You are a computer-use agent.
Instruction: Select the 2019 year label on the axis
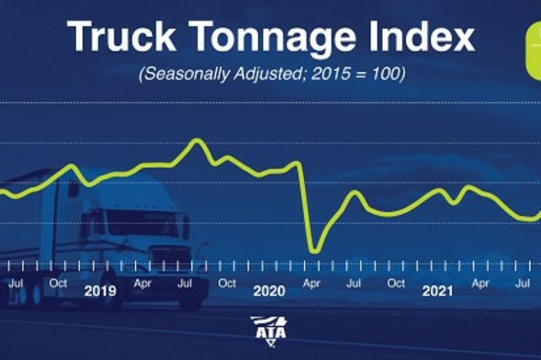100,292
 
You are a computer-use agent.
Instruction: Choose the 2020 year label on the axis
270,292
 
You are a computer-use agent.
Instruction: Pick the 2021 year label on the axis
438,292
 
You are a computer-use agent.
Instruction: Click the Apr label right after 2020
311,284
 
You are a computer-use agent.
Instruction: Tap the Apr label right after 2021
480,284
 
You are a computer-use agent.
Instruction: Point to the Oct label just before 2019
58,283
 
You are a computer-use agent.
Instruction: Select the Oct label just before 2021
396,284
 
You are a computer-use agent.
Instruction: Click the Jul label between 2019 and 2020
185,284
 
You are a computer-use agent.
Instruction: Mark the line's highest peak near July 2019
197,140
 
